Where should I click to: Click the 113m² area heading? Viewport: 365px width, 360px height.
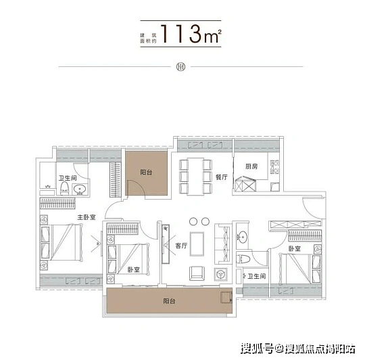click(x=190, y=34)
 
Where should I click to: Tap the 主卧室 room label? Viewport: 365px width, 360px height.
click(x=87, y=217)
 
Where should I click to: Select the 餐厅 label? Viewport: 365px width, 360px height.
click(x=222, y=177)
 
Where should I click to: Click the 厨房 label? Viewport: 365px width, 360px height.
click(x=251, y=166)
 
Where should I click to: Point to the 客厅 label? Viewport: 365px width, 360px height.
click(x=181, y=246)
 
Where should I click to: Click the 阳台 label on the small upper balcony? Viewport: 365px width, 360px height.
click(x=146, y=172)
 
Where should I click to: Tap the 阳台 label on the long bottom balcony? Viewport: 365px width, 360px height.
click(x=169, y=301)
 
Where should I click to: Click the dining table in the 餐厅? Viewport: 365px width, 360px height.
click(x=195, y=177)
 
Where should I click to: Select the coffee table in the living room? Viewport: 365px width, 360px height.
click(x=197, y=244)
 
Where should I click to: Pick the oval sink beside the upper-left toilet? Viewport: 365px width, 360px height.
click(x=80, y=189)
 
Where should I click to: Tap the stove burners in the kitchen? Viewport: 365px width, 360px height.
click(x=274, y=167)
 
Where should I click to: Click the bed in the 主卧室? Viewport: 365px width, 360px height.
click(x=62, y=242)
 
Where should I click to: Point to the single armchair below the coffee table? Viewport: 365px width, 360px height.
click(x=197, y=273)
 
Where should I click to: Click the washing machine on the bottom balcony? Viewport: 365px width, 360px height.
click(x=226, y=297)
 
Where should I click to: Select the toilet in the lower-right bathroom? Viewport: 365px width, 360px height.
click(x=243, y=259)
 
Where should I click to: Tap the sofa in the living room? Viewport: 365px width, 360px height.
click(x=223, y=244)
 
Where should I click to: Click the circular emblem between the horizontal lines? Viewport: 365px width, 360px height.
click(x=181, y=67)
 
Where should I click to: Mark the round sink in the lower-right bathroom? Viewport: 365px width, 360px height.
click(x=242, y=238)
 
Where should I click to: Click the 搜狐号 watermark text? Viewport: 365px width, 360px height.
click(x=256, y=349)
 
